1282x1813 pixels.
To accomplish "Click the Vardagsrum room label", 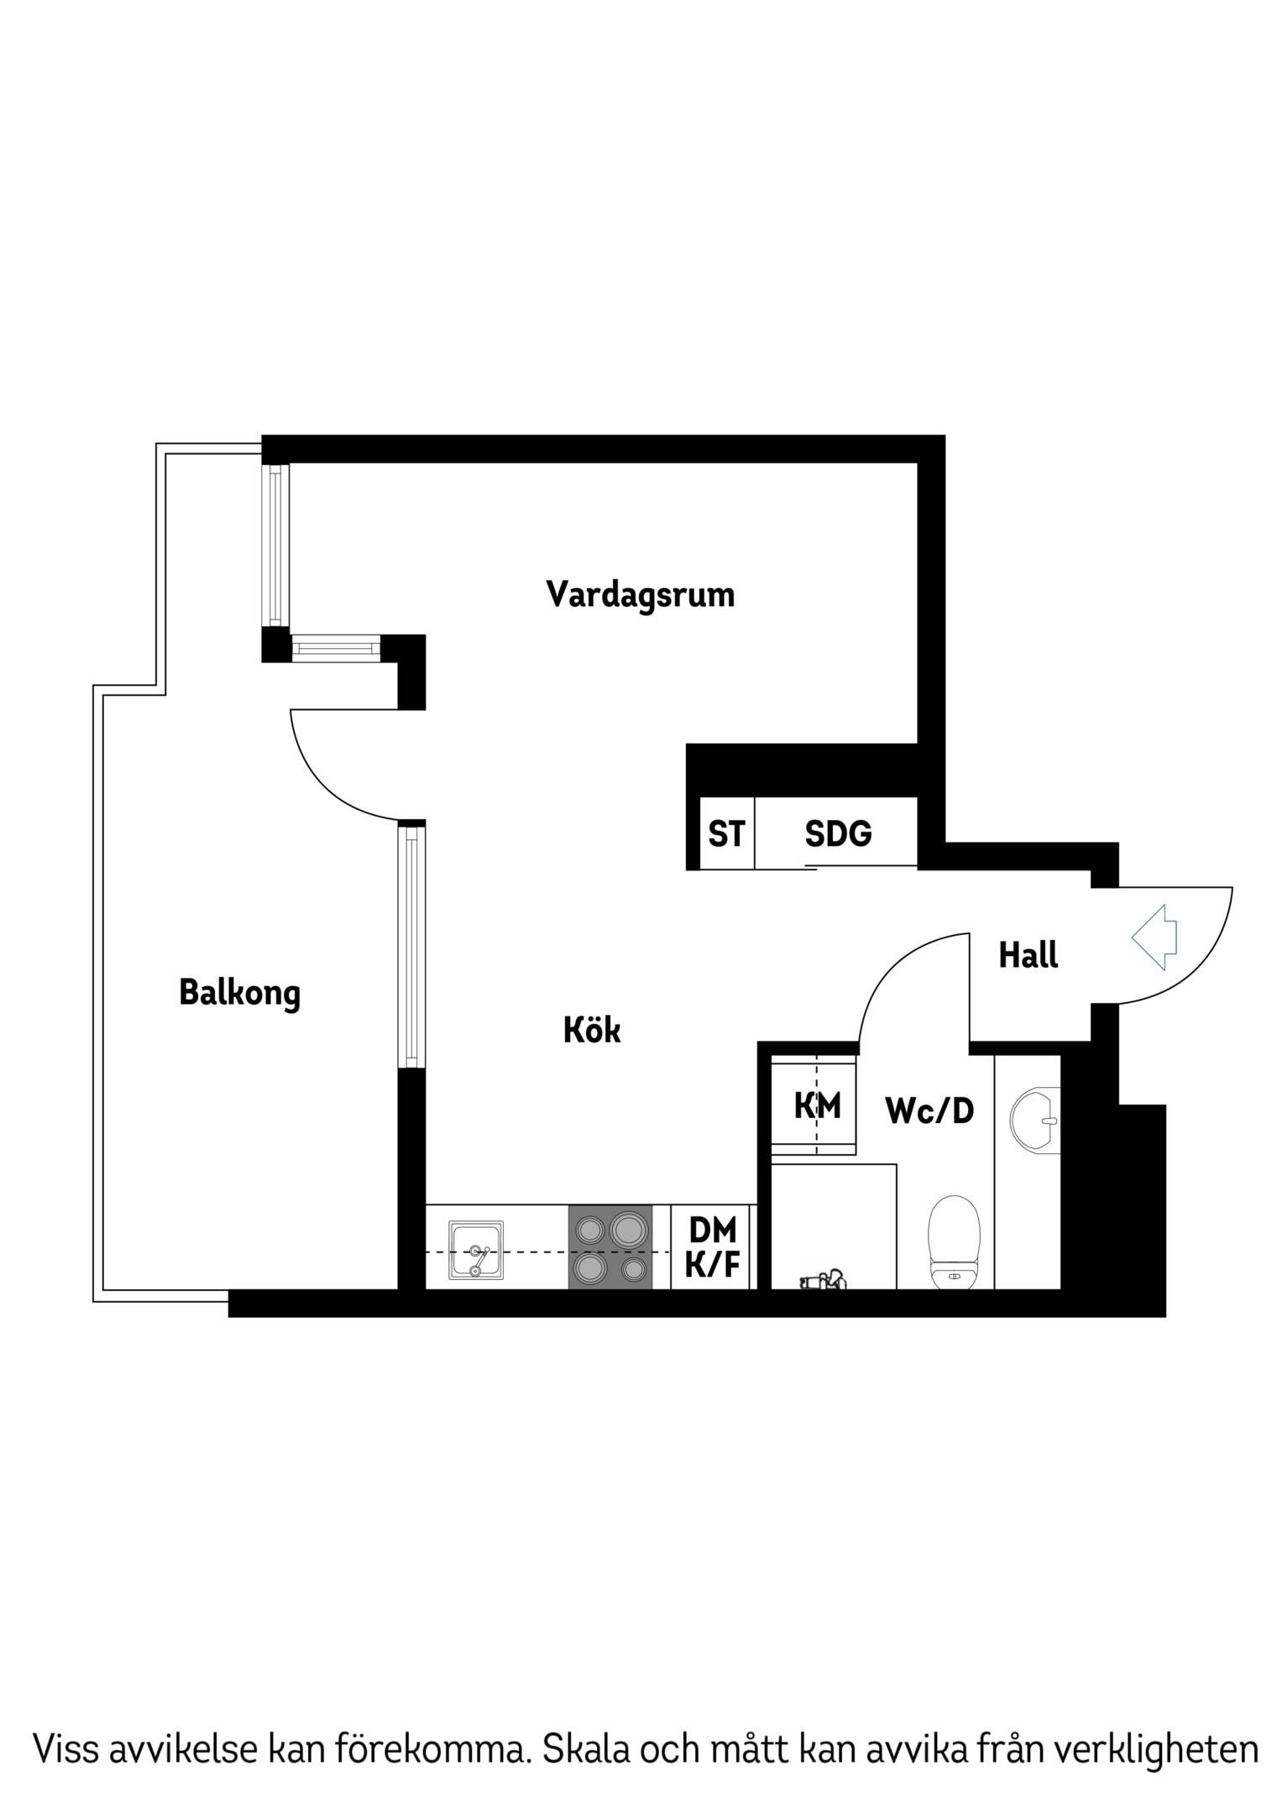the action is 640,595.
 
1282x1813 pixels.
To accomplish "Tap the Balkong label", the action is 239,993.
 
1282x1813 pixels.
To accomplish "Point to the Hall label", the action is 1028,954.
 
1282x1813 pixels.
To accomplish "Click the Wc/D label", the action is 929,1110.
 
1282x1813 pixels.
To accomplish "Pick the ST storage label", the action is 726,834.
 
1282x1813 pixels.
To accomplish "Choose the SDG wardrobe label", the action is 838,834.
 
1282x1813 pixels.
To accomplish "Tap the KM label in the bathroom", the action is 817,1105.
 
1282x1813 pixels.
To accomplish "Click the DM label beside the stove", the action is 712,1230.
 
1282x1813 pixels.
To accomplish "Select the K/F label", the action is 712,1264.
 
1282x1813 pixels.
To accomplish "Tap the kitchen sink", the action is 476,1250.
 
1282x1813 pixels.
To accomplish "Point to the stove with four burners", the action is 610,1247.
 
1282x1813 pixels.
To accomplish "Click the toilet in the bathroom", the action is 955,1241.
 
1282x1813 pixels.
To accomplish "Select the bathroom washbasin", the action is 1036,1119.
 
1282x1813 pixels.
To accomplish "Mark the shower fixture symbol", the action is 822,1280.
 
